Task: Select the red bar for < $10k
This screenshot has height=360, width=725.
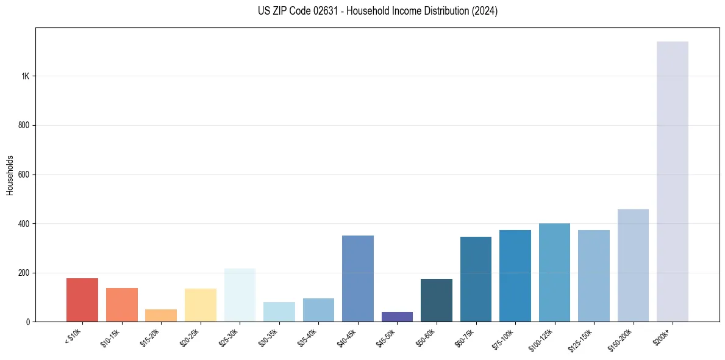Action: click(82, 300)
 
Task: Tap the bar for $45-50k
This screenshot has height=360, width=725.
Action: click(397, 317)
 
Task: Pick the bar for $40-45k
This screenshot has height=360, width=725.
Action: click(358, 278)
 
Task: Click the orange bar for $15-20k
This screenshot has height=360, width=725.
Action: click(161, 315)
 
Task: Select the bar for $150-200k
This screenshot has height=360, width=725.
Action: click(633, 265)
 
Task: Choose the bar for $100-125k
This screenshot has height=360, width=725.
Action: click(554, 272)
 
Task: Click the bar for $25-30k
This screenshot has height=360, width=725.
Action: click(240, 295)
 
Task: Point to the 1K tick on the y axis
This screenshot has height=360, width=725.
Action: click(25, 76)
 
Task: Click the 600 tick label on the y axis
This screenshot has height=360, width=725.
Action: click(24, 175)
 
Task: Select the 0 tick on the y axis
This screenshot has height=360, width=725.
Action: click(28, 322)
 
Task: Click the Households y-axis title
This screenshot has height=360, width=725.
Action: click(10, 175)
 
